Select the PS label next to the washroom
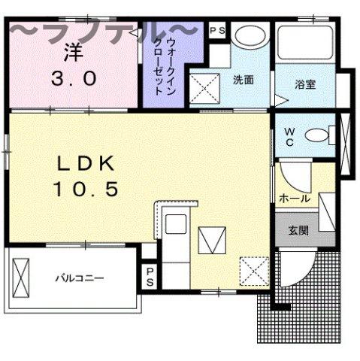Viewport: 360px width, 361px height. coord(217,30)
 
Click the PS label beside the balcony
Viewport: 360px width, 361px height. coord(150,276)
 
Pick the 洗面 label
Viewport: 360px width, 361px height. coord(243,79)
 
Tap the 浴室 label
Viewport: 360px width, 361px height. coord(304,83)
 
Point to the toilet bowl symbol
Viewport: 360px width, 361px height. coord(319,135)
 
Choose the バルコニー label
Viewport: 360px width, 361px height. coord(78,278)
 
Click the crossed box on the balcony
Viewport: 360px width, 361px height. coord(22,278)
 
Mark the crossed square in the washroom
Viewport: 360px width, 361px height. coord(204,89)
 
